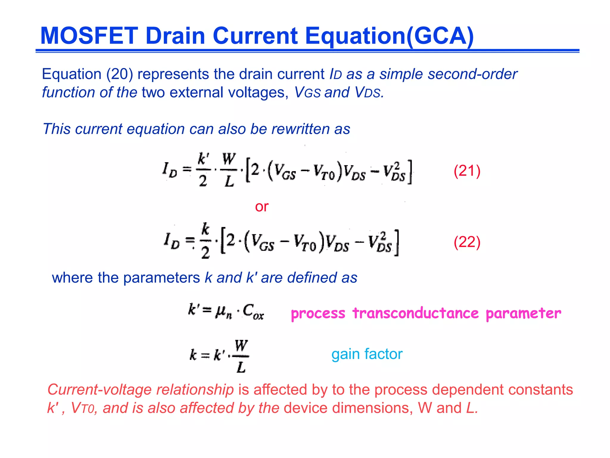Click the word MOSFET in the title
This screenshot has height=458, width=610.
tap(89, 36)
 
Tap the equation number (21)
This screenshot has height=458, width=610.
tap(467, 171)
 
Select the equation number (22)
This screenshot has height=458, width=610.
tap(467, 242)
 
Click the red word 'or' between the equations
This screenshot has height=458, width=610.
tap(262, 206)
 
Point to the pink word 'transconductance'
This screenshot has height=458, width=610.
tap(416, 313)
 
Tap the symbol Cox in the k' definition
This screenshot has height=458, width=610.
tap(253, 311)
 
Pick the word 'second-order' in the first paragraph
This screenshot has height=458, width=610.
tap(472, 74)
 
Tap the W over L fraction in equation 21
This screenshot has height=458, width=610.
tap(229, 170)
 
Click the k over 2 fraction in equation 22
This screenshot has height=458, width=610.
tap(206, 241)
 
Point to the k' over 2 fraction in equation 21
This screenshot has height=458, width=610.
tap(203, 170)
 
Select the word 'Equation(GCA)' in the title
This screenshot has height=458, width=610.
tap(389, 36)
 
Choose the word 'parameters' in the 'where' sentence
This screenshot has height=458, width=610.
tap(161, 278)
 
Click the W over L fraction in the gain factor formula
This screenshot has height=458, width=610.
tap(241, 356)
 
